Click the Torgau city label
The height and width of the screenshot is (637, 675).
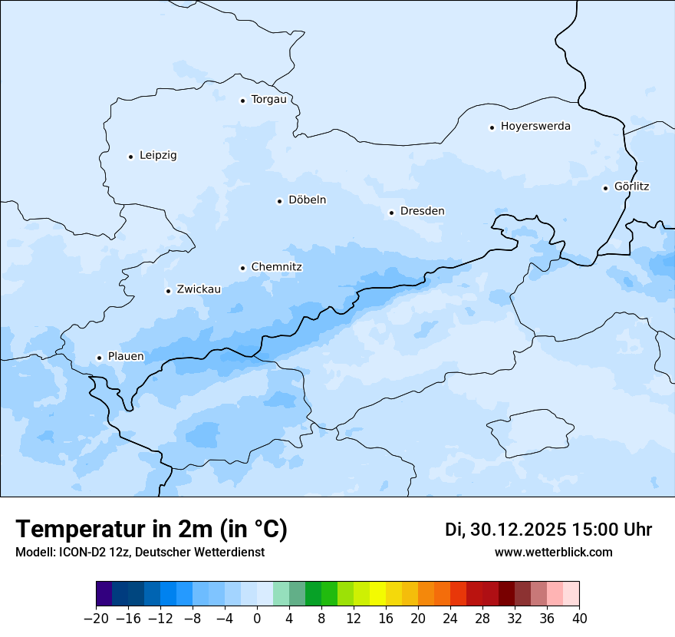pyautogui.click(x=268, y=100)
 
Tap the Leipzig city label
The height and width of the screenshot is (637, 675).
pyautogui.click(x=158, y=155)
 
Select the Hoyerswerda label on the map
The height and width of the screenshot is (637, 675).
pyautogui.click(x=535, y=126)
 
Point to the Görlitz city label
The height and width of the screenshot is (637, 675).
pyautogui.click(x=632, y=186)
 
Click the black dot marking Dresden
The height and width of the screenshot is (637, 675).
pyautogui.click(x=391, y=213)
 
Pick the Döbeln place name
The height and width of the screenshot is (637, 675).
pyautogui.click(x=307, y=200)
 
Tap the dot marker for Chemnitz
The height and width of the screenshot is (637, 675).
pyautogui.click(x=242, y=268)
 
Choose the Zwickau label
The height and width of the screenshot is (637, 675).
pyautogui.click(x=199, y=289)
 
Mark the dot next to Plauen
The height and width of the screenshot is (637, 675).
pyautogui.click(x=99, y=358)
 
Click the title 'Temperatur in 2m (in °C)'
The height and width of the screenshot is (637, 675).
pyautogui.click(x=151, y=530)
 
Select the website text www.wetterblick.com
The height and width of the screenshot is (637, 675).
pyautogui.click(x=553, y=553)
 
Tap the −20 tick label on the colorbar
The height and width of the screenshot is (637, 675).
pyautogui.click(x=96, y=619)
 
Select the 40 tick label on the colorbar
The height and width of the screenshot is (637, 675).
pyautogui.click(x=579, y=619)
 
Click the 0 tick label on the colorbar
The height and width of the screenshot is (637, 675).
pyautogui.click(x=257, y=619)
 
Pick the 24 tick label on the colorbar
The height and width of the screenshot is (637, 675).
pyautogui.click(x=450, y=619)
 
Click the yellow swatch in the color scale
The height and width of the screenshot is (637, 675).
pyautogui.click(x=377, y=594)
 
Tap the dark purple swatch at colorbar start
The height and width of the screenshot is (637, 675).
pyautogui.click(x=104, y=594)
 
